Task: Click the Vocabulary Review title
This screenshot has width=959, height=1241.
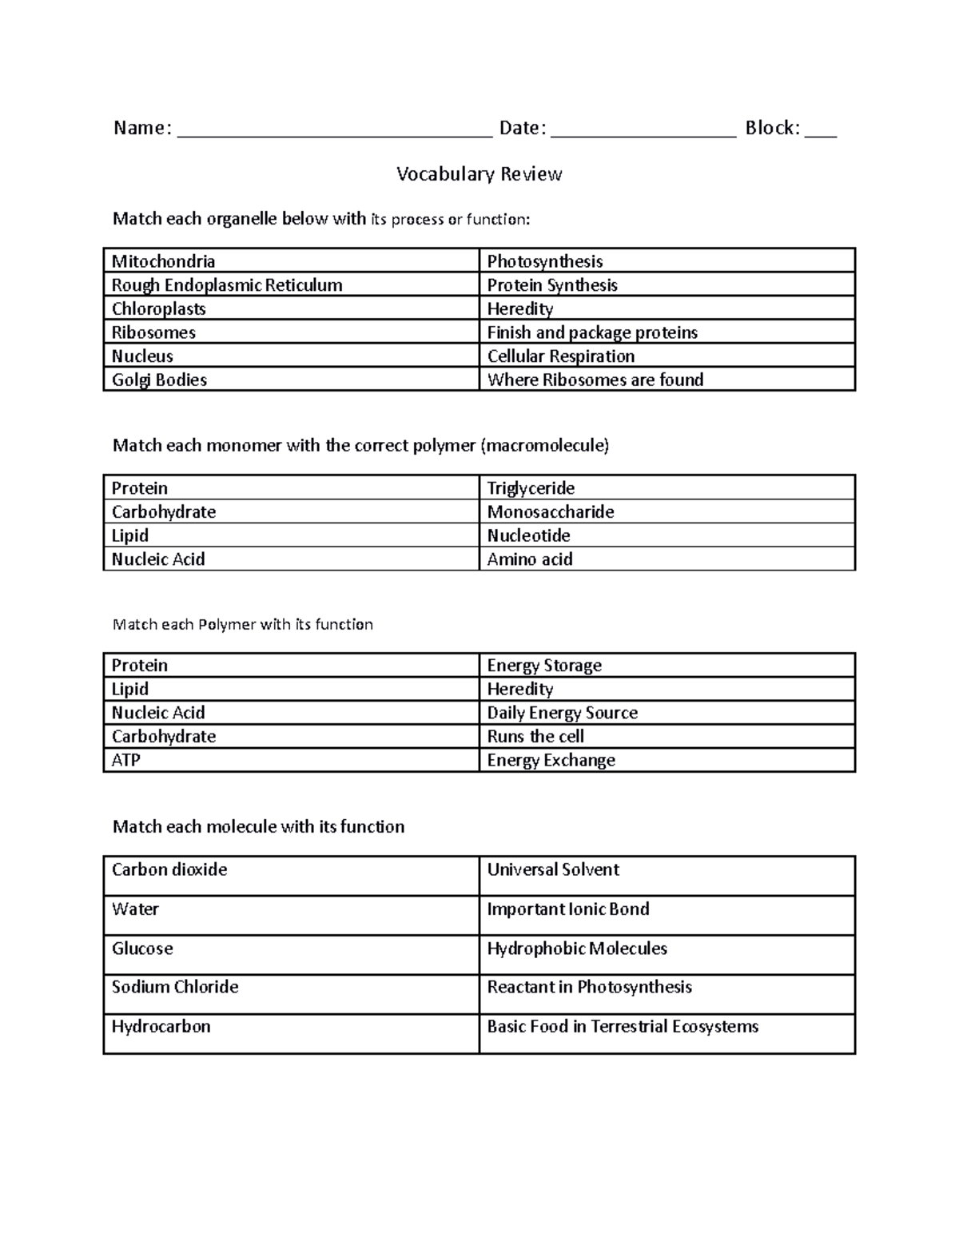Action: (x=479, y=174)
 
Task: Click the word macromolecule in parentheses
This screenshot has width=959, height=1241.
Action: (x=544, y=446)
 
